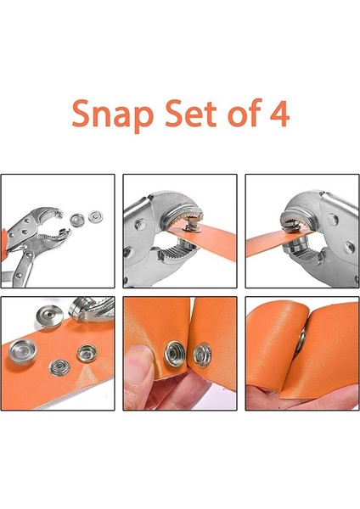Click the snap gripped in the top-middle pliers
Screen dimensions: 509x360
point(191,227)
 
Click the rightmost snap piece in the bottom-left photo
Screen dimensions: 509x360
point(87,350)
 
